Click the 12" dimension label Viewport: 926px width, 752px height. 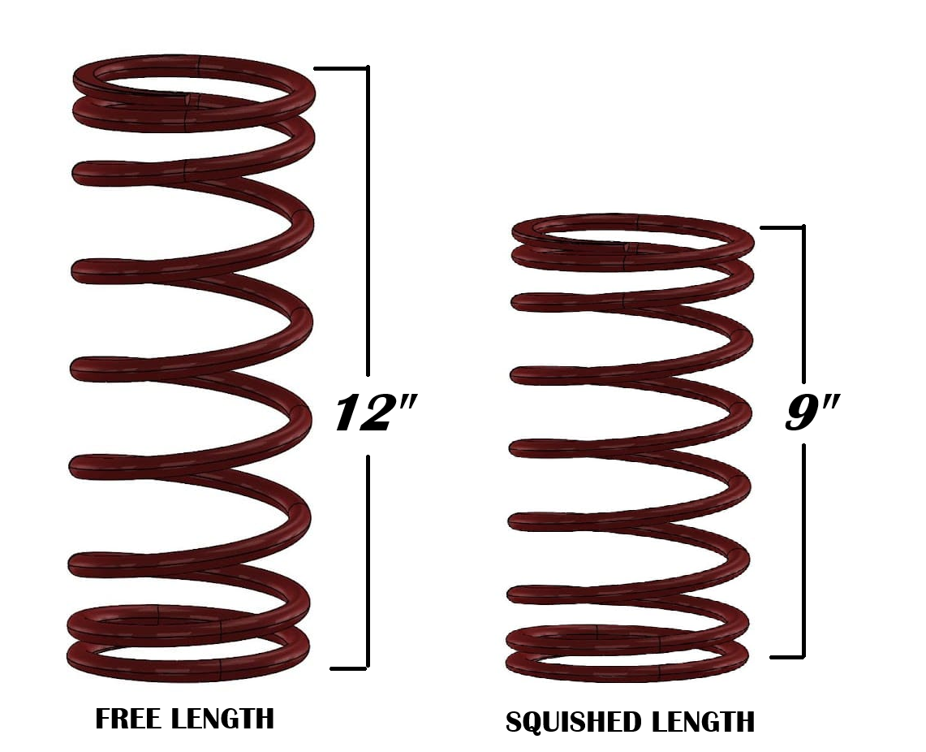(x=373, y=414)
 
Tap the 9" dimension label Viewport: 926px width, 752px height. (x=812, y=414)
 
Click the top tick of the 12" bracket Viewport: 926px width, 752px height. (x=341, y=69)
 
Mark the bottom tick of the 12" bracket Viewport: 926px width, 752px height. (x=349, y=668)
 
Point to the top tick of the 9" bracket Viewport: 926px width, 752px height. (x=783, y=227)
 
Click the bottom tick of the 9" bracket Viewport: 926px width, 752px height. (x=787, y=656)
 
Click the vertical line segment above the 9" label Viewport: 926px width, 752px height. (x=803, y=305)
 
